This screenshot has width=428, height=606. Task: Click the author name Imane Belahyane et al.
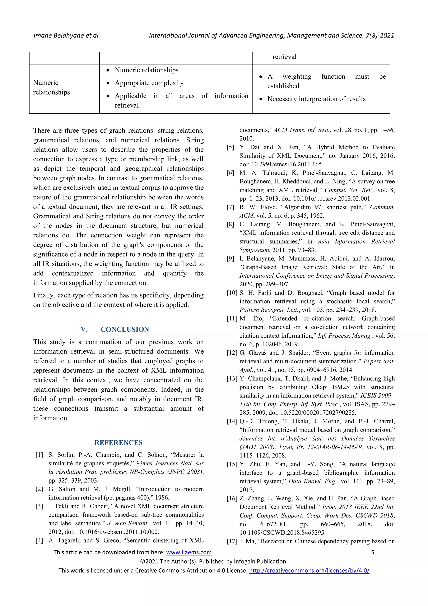point(66,35)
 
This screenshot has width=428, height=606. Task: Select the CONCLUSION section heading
point(125,329)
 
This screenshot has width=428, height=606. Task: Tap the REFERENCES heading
point(118,443)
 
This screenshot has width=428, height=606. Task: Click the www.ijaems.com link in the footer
point(189,552)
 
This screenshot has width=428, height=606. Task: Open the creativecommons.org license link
point(309,570)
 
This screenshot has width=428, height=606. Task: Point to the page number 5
point(373,552)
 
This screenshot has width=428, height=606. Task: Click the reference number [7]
point(230,207)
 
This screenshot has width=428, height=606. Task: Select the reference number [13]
point(232,378)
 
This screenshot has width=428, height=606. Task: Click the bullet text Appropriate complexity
point(149,83)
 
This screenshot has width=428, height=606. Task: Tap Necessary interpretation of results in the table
point(316,99)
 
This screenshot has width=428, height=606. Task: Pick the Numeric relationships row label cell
point(51,87)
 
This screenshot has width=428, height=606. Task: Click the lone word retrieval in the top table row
point(284,57)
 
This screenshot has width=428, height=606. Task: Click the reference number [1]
point(39,455)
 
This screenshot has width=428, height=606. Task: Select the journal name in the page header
point(271,35)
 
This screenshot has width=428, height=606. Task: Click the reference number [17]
point(232,541)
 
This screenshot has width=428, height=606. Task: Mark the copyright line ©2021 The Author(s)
point(214,561)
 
